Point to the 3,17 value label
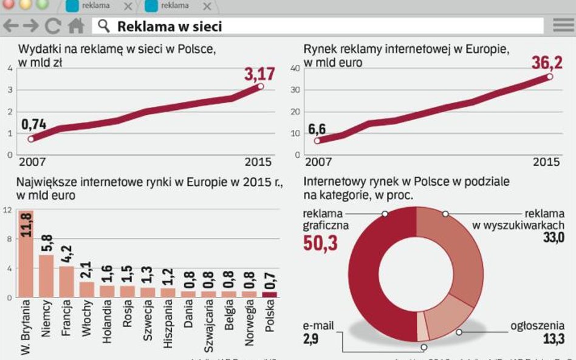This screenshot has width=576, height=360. pyautogui.click(x=259, y=74)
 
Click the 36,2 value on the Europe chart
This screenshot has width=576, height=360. pyautogui.click(x=547, y=63)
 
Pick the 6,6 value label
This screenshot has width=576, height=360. pyautogui.click(x=317, y=129)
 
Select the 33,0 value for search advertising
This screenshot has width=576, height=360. pyautogui.click(x=553, y=237)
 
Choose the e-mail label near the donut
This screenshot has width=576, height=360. pyautogui.click(x=318, y=326)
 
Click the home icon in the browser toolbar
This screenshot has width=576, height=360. pyautogui.click(x=76, y=26)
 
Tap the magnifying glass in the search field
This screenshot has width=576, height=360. pyautogui.click(x=104, y=26)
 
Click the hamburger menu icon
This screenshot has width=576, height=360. pyautogui.click(x=563, y=25)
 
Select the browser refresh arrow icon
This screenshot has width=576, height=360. pyautogui.click(x=53, y=26)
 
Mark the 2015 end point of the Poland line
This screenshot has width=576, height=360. pyautogui.click(x=261, y=86)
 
